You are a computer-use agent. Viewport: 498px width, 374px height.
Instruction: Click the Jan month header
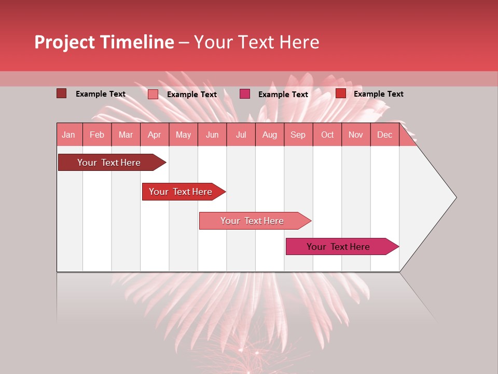coord(68,135)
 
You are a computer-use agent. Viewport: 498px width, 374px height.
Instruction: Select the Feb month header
coord(97,135)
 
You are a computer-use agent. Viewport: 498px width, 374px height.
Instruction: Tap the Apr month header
coord(155,135)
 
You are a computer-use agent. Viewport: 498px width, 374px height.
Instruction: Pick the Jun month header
coord(212,135)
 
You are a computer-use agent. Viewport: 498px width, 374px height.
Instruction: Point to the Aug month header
coord(270,135)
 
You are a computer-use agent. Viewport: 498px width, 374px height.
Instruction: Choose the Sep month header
coord(298,135)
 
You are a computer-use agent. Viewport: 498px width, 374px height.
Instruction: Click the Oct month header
coord(327,135)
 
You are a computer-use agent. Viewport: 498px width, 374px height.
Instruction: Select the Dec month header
coord(385,135)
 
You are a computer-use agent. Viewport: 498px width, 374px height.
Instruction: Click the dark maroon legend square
coord(61,94)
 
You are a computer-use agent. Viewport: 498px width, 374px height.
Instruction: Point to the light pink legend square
coord(153,94)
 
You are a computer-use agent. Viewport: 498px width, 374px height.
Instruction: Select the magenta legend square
coord(245,94)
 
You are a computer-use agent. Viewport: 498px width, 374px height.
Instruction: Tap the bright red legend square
coord(341,94)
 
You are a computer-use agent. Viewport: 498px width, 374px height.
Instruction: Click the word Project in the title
coord(64,42)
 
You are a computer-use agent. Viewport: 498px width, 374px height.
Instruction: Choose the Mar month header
coord(126,135)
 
